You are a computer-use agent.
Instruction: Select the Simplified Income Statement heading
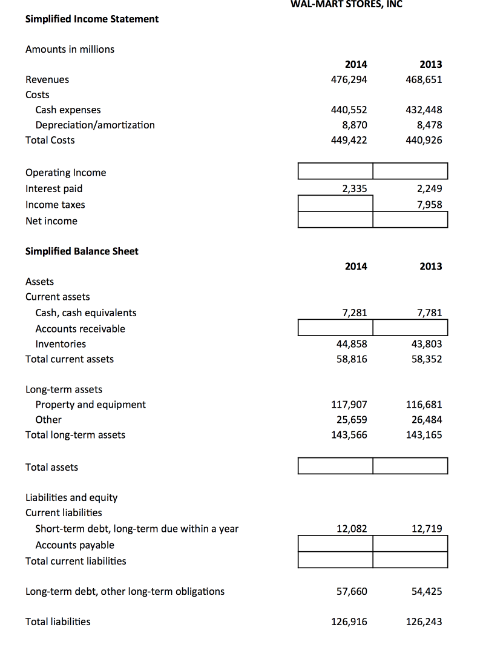(x=92, y=19)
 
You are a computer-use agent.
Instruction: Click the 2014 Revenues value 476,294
(x=349, y=79)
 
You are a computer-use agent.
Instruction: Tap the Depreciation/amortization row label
(x=95, y=125)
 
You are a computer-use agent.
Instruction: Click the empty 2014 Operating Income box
(x=335, y=171)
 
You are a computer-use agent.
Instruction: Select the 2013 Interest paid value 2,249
(x=429, y=188)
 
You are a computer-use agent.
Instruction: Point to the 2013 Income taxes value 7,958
(x=429, y=204)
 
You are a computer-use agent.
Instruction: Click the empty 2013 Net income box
(x=410, y=220)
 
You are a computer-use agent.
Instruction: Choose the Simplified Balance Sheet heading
(x=82, y=251)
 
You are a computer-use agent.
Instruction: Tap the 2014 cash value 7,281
(x=354, y=313)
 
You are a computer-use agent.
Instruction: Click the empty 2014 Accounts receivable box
(x=335, y=328)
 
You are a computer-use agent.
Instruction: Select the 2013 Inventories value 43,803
(x=426, y=343)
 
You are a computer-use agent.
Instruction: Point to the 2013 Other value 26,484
(x=426, y=419)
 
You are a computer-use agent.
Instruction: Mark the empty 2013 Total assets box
(x=410, y=466)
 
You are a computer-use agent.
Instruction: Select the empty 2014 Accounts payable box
(x=335, y=544)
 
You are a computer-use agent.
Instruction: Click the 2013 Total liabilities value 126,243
(x=424, y=621)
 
